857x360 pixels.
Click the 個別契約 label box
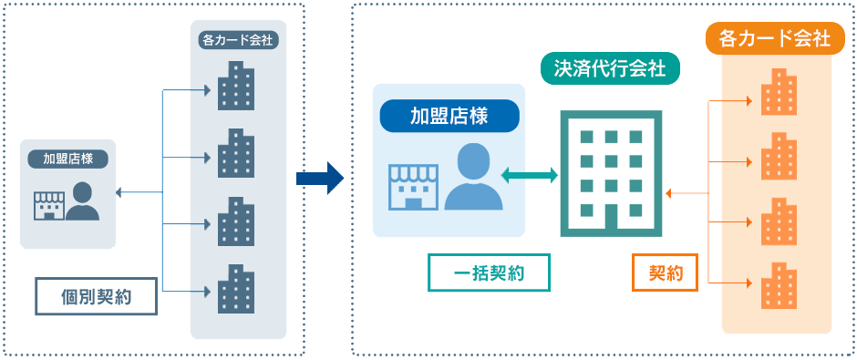pos(97,296)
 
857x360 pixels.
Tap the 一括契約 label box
pos(489,272)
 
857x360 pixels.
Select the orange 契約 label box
pos(665,272)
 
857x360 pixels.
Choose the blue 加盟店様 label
pos(449,116)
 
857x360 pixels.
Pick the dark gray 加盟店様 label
pos(68,158)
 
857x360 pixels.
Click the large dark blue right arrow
pos(319,178)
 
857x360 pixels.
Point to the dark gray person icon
pos(82,201)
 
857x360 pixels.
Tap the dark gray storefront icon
pos(49,206)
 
